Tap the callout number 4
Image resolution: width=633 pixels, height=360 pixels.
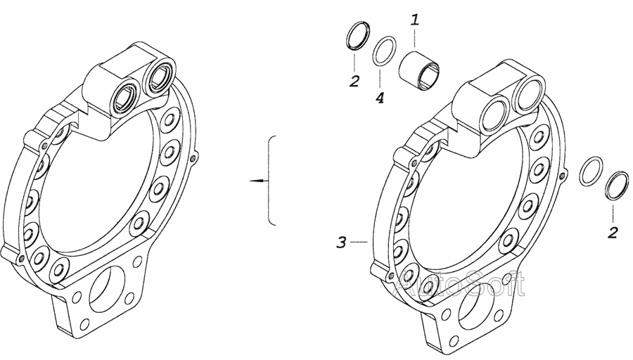point(380,98)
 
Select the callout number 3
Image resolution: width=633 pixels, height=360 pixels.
point(342,243)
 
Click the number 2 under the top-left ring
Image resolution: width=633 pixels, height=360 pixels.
point(354,82)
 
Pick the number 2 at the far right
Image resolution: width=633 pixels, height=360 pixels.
point(613,233)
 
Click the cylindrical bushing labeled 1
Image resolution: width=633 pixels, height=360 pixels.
point(418,70)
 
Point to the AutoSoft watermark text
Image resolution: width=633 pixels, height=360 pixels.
point(459,284)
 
